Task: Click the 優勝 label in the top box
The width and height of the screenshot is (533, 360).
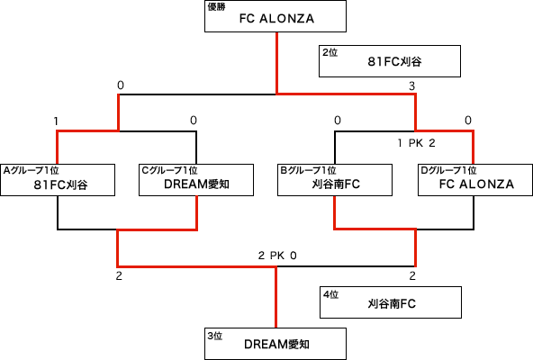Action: (216, 7)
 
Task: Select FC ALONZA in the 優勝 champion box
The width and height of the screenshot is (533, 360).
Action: (276, 19)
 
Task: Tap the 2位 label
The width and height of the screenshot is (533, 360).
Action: (330, 52)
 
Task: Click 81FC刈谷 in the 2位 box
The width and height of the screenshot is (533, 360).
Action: (395, 61)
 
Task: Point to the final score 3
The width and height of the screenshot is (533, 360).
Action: (412, 86)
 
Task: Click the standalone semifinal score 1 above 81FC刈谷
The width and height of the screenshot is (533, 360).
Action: (56, 121)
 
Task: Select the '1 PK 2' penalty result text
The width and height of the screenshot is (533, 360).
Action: (416, 143)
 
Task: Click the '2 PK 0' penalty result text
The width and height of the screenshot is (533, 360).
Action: (277, 256)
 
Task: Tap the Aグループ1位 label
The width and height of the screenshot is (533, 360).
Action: (31, 170)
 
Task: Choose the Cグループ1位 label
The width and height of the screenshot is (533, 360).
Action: (169, 170)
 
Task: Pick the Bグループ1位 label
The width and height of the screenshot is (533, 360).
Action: (308, 170)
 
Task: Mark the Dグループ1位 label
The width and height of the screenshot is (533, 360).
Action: (448, 170)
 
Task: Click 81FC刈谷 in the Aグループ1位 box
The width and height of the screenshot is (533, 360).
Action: (61, 184)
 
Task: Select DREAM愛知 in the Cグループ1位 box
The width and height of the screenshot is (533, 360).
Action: (196, 184)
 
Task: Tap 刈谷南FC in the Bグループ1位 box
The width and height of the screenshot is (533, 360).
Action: (336, 184)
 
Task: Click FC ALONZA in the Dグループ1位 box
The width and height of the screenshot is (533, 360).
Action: (476, 184)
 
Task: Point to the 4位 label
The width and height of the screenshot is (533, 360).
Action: (330, 294)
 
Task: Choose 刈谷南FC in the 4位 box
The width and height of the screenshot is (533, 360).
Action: (392, 303)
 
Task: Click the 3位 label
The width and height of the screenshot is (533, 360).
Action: (215, 336)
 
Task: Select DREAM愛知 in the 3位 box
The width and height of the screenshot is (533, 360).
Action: (276, 345)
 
